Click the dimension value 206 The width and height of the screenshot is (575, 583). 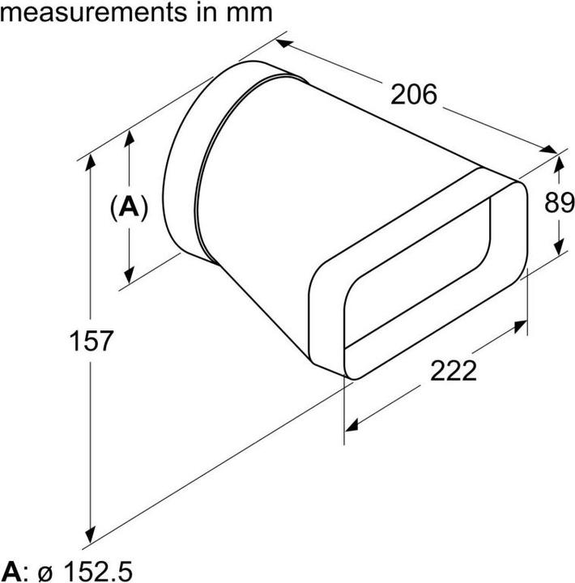[x=413, y=95]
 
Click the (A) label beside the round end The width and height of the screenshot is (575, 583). [x=129, y=208]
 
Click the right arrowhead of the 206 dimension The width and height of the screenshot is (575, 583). [x=551, y=151]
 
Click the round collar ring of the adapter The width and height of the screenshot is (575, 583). [x=182, y=162]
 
